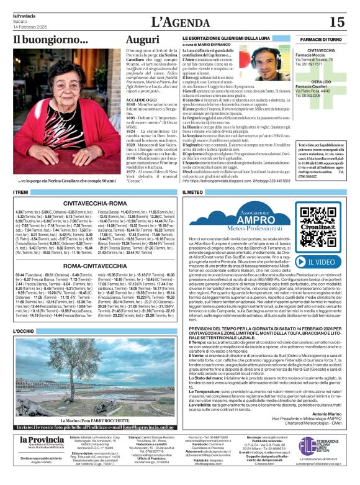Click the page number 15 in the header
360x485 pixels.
point(336,22)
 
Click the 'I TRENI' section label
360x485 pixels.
point(22,193)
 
